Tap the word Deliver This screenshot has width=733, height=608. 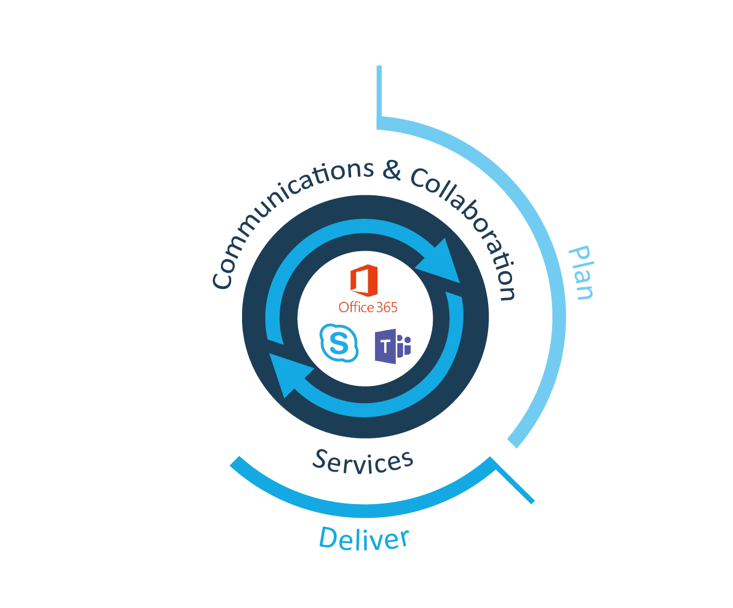click(364, 538)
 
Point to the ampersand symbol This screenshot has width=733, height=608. click(392, 170)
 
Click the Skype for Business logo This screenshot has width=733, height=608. click(339, 343)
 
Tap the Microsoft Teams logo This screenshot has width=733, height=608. click(392, 346)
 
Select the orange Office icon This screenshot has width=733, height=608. click(364, 280)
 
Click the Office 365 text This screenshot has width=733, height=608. click(368, 308)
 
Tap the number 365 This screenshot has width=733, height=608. click(386, 308)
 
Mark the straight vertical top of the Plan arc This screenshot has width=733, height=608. click(379, 94)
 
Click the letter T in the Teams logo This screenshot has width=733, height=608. click(386, 346)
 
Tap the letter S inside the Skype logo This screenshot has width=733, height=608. click(339, 344)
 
